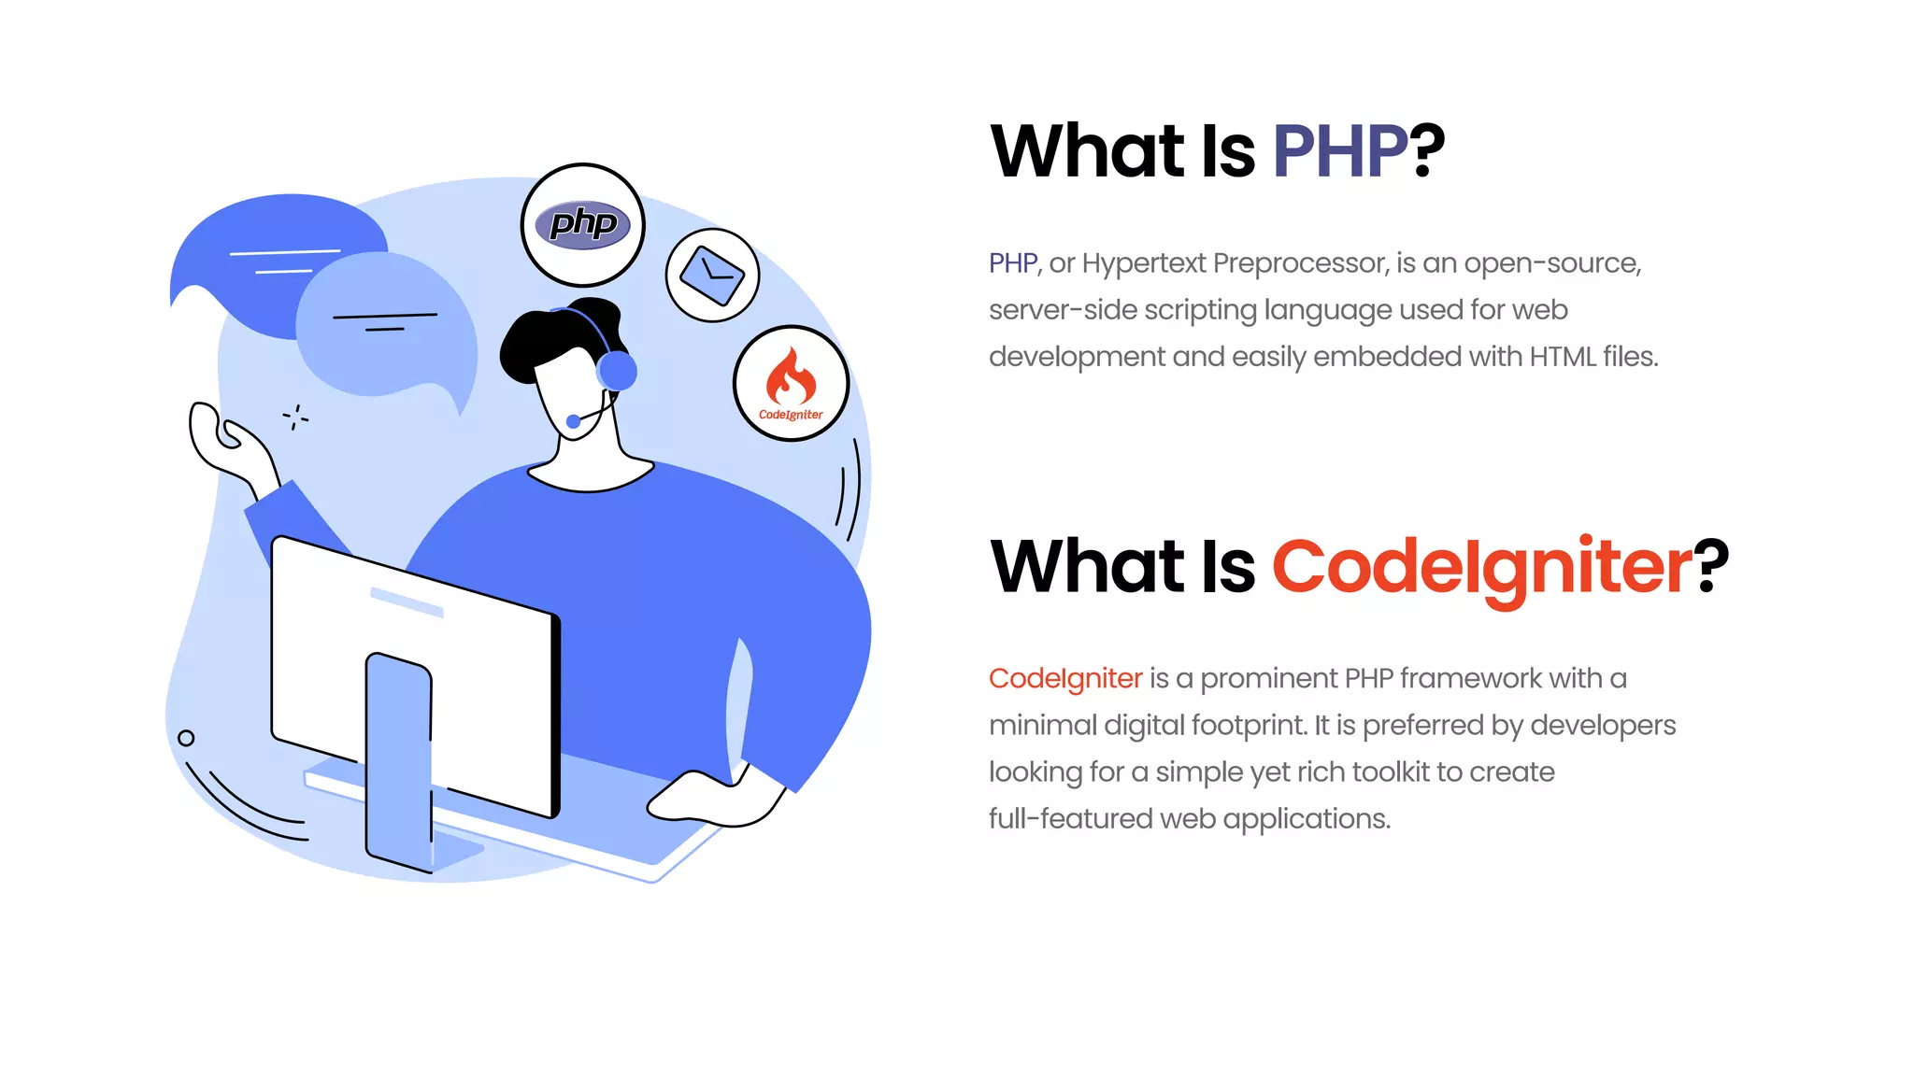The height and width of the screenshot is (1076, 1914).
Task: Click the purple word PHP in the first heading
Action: point(1339,151)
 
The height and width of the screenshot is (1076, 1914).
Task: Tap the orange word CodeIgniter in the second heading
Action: point(1481,567)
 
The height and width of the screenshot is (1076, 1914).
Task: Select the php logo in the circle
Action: point(583,224)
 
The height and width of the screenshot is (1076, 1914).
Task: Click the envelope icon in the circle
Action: point(712,275)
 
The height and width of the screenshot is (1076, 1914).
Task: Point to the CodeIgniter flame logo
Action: point(791,376)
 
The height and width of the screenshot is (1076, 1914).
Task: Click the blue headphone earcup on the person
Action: point(618,371)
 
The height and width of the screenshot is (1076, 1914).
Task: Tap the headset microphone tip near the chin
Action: point(574,421)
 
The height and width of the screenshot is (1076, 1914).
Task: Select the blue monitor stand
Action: point(398,757)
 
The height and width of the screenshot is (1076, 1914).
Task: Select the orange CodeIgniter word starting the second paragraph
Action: point(1065,678)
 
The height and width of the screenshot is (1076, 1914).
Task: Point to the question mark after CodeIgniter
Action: point(1712,567)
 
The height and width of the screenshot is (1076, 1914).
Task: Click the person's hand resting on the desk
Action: point(710,799)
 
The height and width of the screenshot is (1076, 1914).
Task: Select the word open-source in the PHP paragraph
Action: point(1552,263)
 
